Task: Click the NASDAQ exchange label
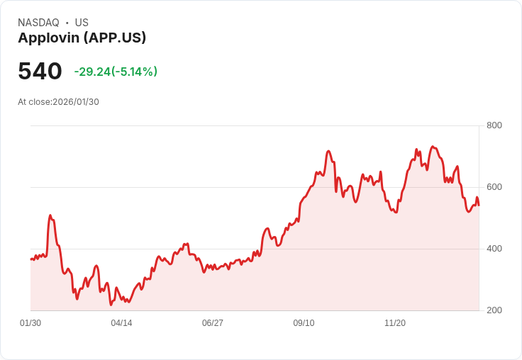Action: click(x=38, y=23)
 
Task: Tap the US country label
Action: click(x=82, y=23)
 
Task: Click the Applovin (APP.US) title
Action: click(x=82, y=38)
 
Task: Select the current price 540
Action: click(x=40, y=71)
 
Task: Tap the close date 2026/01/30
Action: click(x=76, y=102)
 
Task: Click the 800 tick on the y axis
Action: click(x=494, y=125)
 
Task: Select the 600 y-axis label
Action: click(x=494, y=187)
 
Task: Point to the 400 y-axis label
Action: click(x=494, y=249)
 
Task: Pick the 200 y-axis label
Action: click(x=494, y=310)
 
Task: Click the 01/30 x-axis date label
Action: click(x=30, y=323)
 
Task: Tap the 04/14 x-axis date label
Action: click(x=121, y=323)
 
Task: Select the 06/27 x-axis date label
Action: click(x=212, y=323)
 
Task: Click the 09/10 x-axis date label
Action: click(x=304, y=323)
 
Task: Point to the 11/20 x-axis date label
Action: click(x=394, y=323)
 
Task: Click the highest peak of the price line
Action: click(x=433, y=147)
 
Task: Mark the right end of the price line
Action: click(x=479, y=206)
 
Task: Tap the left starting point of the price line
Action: click(x=30, y=259)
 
